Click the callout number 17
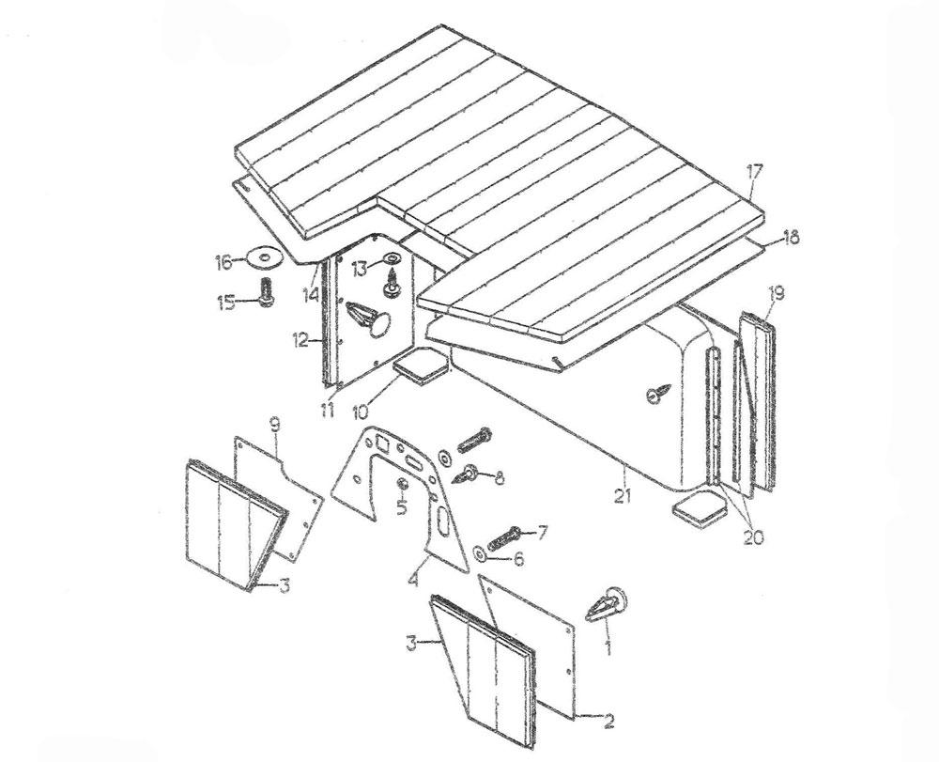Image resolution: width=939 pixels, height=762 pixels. [756, 172]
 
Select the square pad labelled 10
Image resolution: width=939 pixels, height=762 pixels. [421, 365]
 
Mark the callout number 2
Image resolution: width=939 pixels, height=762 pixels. [608, 722]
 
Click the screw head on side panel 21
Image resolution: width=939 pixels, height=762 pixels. [654, 397]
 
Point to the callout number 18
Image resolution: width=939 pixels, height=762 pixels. [791, 239]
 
